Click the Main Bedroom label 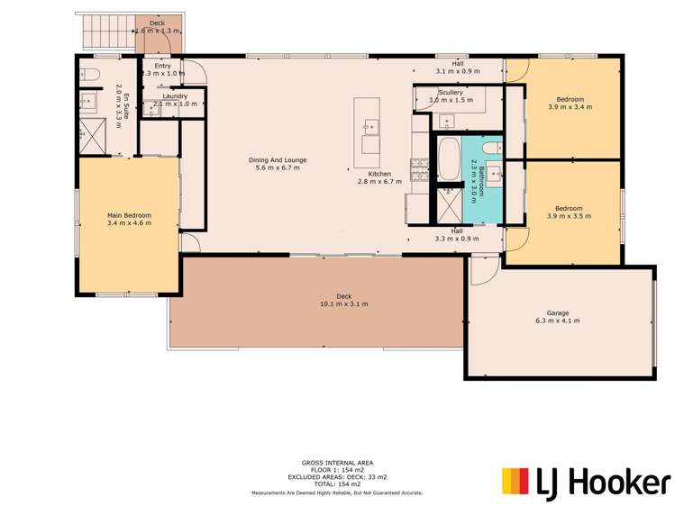[x=129, y=215]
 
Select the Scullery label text [x=451, y=92]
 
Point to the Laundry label [x=175, y=95]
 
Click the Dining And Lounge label [x=277, y=160]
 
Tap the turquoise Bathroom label [x=483, y=175]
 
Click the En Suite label [x=126, y=101]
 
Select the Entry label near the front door [x=162, y=66]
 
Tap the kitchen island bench [x=369, y=126]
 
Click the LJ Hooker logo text [x=610, y=482]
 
